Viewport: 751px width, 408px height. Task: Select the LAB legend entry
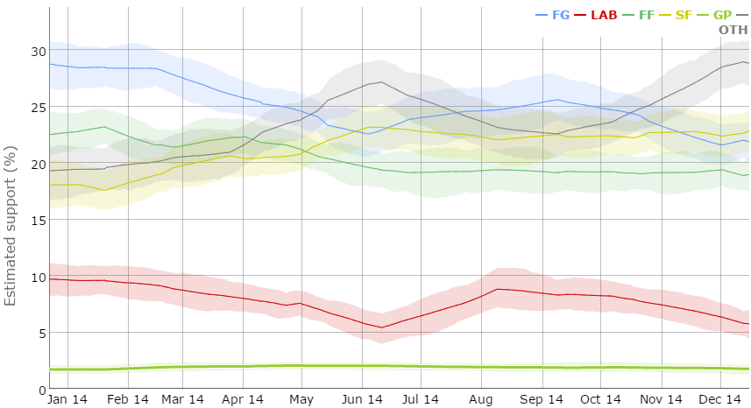coord(605,15)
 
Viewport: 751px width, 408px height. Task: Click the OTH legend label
coord(733,30)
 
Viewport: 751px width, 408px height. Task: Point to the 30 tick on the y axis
coord(36,51)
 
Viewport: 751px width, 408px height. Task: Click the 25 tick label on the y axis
coord(36,108)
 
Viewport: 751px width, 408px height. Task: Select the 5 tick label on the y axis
coord(39,334)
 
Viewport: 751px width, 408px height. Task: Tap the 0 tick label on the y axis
coord(39,390)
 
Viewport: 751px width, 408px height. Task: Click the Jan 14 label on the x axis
coord(67,399)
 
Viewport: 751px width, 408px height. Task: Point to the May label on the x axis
coord(301,399)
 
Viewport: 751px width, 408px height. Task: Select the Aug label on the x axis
coord(481,399)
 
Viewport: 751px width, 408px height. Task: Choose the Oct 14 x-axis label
coord(601,399)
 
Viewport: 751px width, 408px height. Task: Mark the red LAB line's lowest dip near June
coord(382,327)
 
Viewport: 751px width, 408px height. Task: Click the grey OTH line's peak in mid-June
coord(381,82)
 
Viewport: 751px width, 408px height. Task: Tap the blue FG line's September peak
coord(557,100)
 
